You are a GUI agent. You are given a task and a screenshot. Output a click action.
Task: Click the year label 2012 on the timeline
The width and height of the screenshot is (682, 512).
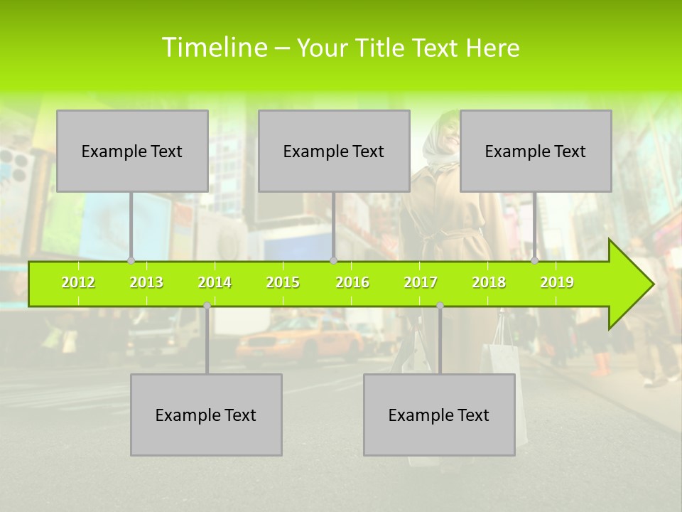(x=78, y=282)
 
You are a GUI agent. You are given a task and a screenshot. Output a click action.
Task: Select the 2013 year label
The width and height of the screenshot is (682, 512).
(x=146, y=282)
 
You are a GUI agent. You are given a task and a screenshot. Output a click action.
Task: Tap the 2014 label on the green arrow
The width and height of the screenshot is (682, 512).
(x=215, y=282)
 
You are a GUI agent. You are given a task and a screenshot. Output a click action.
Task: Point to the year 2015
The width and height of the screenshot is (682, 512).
(x=283, y=282)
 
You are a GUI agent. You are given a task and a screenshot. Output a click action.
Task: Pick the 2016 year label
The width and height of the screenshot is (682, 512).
(x=352, y=282)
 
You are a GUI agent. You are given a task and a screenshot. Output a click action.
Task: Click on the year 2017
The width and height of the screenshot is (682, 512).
(x=421, y=282)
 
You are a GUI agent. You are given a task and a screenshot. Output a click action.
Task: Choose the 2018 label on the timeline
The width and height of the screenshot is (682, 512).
(x=489, y=282)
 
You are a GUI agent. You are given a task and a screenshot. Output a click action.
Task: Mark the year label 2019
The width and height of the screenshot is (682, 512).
(x=557, y=282)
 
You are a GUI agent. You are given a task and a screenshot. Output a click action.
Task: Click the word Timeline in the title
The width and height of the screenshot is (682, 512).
(x=213, y=48)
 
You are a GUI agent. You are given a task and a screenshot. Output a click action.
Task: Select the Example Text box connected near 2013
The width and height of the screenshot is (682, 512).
(x=132, y=151)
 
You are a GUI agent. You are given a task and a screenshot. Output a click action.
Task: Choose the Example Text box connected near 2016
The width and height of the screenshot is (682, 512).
(x=334, y=151)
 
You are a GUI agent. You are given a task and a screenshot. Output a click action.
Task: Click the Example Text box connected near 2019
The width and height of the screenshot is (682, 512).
(x=536, y=151)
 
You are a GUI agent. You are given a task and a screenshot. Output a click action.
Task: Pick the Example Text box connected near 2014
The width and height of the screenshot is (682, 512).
(x=206, y=415)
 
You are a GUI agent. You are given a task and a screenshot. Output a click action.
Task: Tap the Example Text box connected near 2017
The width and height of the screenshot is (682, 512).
(x=439, y=415)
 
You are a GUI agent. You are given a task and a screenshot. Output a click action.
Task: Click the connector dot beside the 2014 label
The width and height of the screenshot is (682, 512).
(x=207, y=305)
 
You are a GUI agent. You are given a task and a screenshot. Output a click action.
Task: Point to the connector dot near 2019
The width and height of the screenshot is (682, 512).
(x=535, y=260)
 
